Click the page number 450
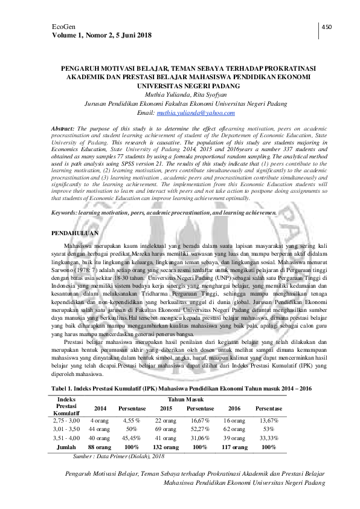coord(327,27)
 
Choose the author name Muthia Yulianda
coord(164,94)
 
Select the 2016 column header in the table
coord(234,408)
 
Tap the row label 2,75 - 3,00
coord(66,420)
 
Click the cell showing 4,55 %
coord(132,420)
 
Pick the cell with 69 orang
coord(166,428)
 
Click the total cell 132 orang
coord(166,447)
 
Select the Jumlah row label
coord(66,447)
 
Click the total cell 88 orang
coord(100,447)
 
